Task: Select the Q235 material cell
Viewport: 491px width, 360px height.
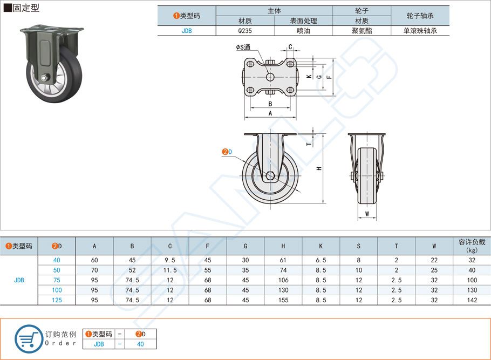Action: [x=244, y=31]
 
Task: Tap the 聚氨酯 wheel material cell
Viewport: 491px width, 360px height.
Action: [x=361, y=31]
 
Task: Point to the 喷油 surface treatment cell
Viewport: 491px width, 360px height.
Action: [x=303, y=31]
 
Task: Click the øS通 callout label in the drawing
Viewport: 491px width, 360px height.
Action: [x=243, y=47]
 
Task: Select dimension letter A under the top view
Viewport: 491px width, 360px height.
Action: [x=270, y=113]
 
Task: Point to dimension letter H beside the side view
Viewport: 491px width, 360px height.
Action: [x=319, y=168]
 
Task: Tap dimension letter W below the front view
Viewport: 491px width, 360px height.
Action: [x=366, y=214]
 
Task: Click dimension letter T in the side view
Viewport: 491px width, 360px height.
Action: [x=309, y=144]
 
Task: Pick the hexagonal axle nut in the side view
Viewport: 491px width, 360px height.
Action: [x=270, y=175]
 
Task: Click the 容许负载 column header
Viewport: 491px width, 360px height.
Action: [x=472, y=246]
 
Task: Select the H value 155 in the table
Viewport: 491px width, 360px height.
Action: [x=283, y=300]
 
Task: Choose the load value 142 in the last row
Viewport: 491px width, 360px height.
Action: [x=472, y=300]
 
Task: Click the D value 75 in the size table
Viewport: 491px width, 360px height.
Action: [x=57, y=280]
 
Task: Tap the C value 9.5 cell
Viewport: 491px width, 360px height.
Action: [x=169, y=260]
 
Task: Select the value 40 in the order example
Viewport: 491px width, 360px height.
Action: [x=140, y=344]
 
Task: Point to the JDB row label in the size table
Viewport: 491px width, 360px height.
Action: [x=19, y=280]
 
